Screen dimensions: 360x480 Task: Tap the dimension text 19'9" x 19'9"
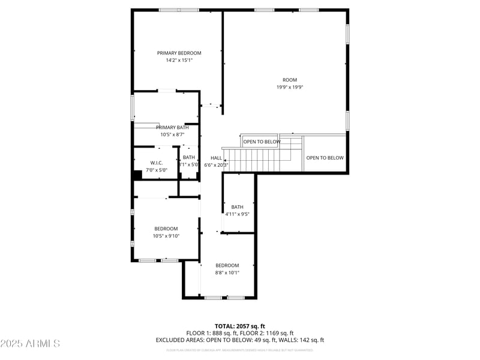tap(290, 87)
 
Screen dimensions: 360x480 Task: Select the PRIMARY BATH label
tap(172, 127)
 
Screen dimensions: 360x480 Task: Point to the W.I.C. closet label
tap(157, 163)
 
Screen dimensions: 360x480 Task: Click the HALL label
tap(216, 158)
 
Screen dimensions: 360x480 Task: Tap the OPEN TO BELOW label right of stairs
tap(325, 158)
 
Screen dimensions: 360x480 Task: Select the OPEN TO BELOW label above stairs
tap(261, 142)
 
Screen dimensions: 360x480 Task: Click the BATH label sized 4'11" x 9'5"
tap(237, 207)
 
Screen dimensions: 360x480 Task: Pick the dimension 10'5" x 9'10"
tap(166, 236)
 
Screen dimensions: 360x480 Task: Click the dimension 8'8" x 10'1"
tap(227, 272)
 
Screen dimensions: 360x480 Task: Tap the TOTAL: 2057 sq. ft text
tap(239, 326)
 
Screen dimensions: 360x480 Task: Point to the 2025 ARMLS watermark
tap(30, 344)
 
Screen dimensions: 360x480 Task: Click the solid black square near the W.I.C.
tap(137, 175)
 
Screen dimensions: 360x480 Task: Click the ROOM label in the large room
tap(290, 80)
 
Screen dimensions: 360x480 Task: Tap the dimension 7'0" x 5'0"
tap(157, 170)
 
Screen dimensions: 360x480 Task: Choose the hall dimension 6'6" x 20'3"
tap(216, 165)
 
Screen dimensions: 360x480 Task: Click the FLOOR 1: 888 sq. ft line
tap(212, 333)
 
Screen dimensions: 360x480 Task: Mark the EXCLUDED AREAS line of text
tap(239, 340)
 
